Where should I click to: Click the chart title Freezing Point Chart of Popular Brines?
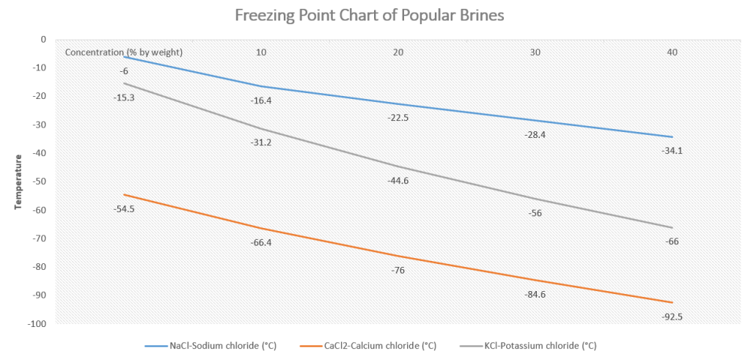click(369, 15)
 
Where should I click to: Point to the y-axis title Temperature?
click(18, 181)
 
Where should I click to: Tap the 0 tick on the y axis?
click(43, 40)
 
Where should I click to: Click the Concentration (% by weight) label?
click(124, 52)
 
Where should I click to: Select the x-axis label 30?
click(535, 52)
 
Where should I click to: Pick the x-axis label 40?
click(672, 52)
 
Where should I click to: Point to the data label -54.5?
click(125, 208)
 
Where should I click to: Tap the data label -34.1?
click(671, 151)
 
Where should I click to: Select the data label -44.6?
click(398, 180)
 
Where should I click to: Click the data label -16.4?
click(261, 100)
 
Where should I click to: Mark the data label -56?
click(535, 213)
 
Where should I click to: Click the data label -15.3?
click(125, 97)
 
